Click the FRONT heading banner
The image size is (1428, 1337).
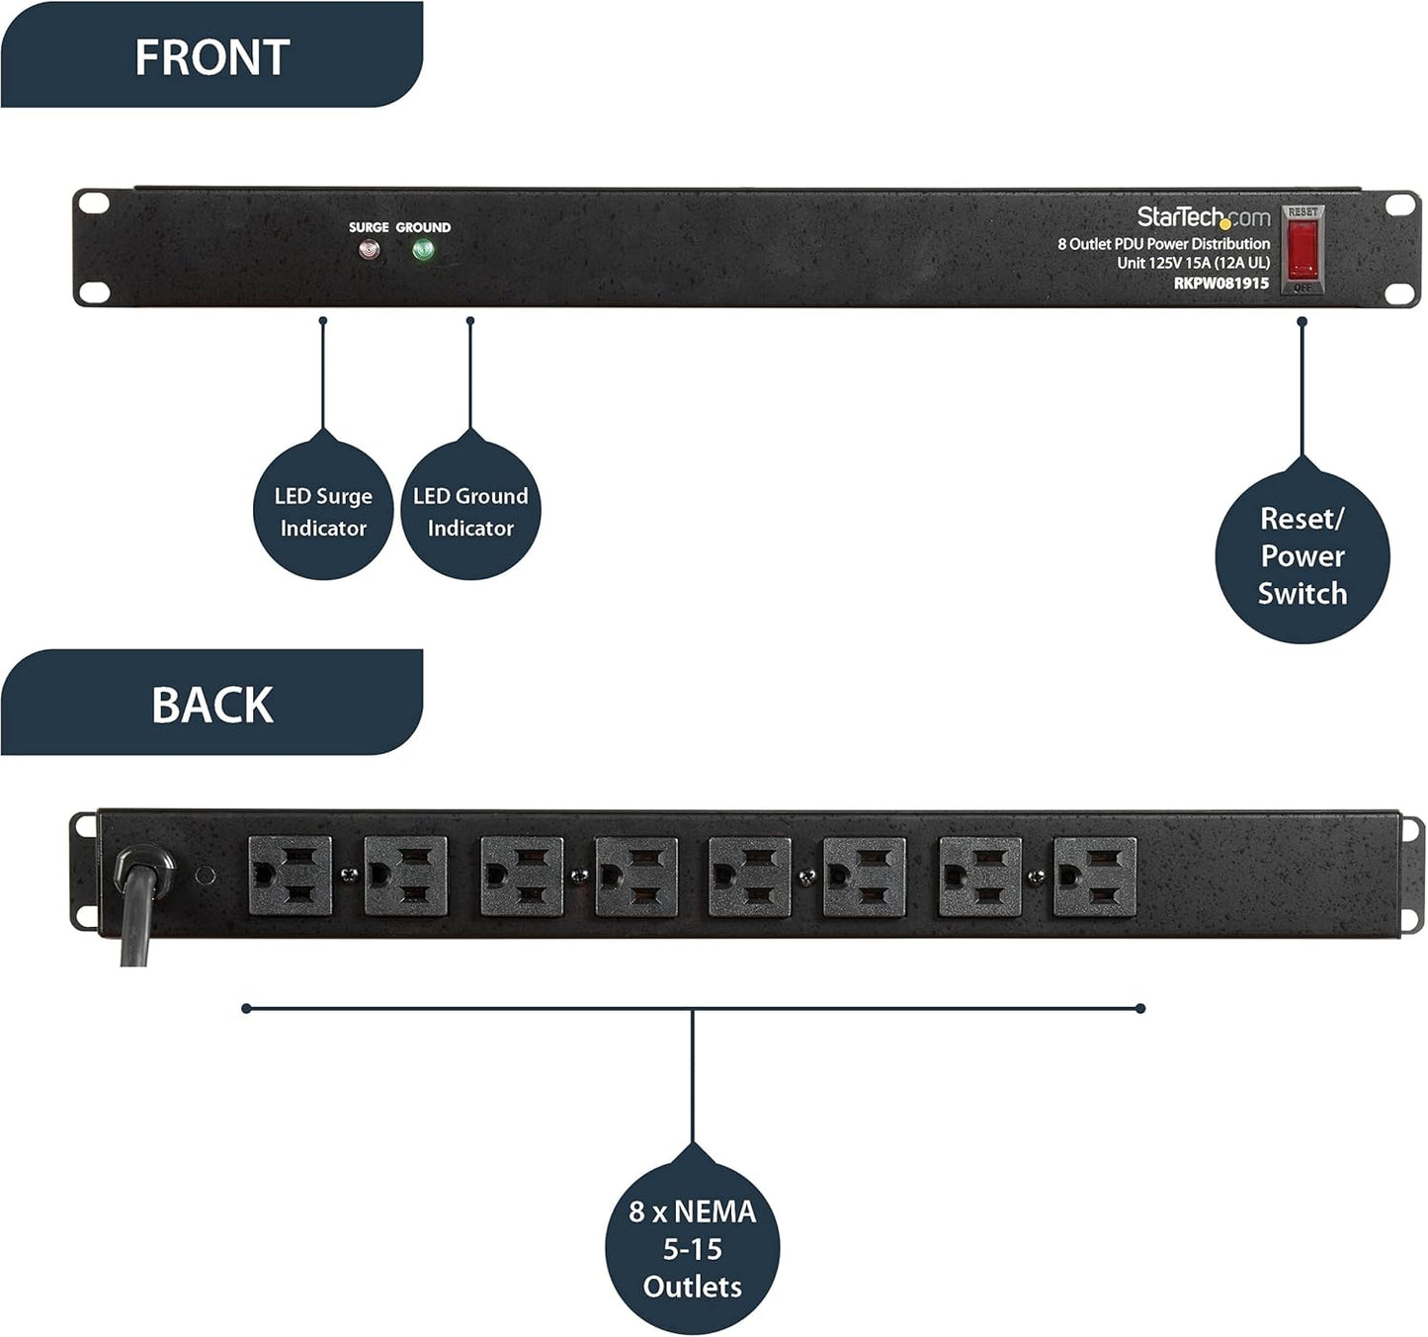coord(211,56)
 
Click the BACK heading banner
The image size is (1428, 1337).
coord(211,705)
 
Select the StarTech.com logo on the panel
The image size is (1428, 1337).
coord(1203,217)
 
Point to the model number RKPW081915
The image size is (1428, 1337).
coord(1220,284)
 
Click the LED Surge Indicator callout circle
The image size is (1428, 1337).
coord(323,512)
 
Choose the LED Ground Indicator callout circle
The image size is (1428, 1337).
coord(470,512)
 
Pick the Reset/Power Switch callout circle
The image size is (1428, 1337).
coord(1302,556)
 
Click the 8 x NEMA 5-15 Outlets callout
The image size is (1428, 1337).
coord(692,1249)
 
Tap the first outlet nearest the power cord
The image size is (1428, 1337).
coord(290,877)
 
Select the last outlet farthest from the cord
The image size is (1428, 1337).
coord(1095,877)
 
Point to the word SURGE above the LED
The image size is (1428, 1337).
coord(369,227)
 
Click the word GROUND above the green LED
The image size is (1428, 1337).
coord(423,227)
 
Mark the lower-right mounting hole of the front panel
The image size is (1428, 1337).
coord(1399,292)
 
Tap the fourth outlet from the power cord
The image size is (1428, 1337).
coord(636,877)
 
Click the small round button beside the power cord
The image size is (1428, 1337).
coord(205,876)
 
